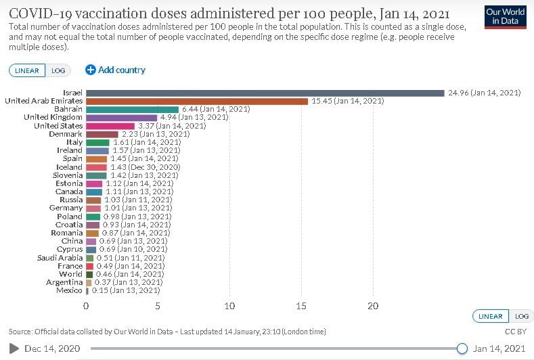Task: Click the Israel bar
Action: pyautogui.click(x=265, y=93)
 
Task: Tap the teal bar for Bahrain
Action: pyautogui.click(x=132, y=109)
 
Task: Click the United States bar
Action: pyautogui.click(x=110, y=126)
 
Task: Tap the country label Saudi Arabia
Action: pyautogui.click(x=60, y=258)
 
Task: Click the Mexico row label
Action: pyautogui.click(x=69, y=290)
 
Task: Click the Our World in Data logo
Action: pyautogui.click(x=506, y=16)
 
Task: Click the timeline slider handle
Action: pyautogui.click(x=462, y=348)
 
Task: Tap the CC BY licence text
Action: pyautogui.click(x=516, y=332)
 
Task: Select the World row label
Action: pyautogui.click(x=71, y=274)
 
